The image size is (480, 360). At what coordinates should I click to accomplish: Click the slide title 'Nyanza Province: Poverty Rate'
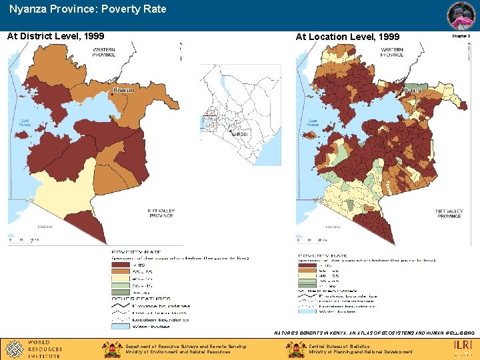coord(87,9)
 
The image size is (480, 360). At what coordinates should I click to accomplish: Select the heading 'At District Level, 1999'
coord(55,36)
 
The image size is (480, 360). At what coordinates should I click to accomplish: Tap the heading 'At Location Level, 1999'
coord(347,37)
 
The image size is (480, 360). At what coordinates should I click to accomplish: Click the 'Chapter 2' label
coord(461,36)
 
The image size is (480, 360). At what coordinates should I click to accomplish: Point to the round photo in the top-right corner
coord(461,15)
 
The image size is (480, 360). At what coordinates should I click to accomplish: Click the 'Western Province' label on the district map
coord(103,52)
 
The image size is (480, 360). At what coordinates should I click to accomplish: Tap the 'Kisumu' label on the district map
coord(123,89)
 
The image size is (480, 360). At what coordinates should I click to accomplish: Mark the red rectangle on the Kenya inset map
coord(209,123)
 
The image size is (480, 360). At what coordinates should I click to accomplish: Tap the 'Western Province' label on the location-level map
coord(392,52)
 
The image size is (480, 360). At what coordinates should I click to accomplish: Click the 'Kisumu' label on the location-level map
coord(412,89)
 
